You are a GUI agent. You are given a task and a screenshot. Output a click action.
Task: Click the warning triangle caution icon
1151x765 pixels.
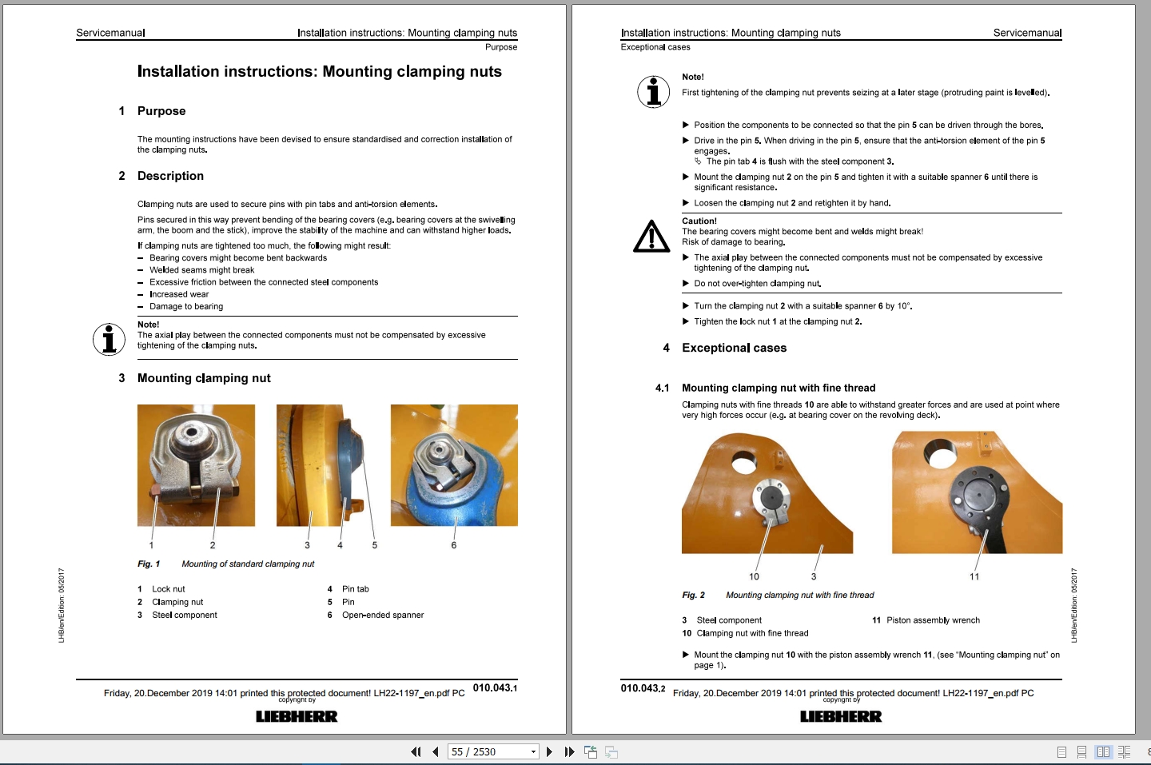[651, 237]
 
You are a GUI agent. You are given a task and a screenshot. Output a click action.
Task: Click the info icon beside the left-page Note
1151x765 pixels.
[109, 339]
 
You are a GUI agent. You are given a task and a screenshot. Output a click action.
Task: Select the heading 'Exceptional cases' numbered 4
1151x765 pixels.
[734, 348]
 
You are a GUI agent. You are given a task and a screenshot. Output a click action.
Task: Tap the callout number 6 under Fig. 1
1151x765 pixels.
[453, 545]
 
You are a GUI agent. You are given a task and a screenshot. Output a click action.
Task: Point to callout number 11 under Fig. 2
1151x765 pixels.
[974, 576]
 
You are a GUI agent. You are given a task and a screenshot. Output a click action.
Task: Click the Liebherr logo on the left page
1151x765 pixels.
[297, 716]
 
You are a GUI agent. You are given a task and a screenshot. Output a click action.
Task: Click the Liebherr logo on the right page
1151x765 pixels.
[841, 716]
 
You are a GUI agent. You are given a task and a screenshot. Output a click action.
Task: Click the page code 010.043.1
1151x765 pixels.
[495, 687]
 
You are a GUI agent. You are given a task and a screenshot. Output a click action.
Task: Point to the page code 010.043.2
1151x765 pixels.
[643, 687]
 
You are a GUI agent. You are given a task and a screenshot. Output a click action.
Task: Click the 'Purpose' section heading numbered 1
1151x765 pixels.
[161, 111]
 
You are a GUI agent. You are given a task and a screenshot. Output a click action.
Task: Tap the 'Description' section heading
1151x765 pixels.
[170, 176]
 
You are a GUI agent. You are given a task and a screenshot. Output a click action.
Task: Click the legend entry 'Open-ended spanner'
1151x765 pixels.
[383, 615]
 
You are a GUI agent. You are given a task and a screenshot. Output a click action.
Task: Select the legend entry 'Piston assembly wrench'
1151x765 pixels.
[933, 620]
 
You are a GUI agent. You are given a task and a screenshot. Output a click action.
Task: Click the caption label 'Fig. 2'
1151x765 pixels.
[693, 595]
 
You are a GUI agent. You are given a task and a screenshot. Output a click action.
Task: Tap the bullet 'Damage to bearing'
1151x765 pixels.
[186, 306]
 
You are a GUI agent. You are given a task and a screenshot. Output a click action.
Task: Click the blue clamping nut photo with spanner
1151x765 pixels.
[454, 465]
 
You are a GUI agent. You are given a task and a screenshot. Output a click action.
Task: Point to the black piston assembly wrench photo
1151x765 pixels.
[977, 492]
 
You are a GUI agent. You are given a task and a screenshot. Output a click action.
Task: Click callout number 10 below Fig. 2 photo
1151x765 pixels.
[754, 576]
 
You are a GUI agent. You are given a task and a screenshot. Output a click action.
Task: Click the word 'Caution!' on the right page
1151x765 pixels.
[699, 221]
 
